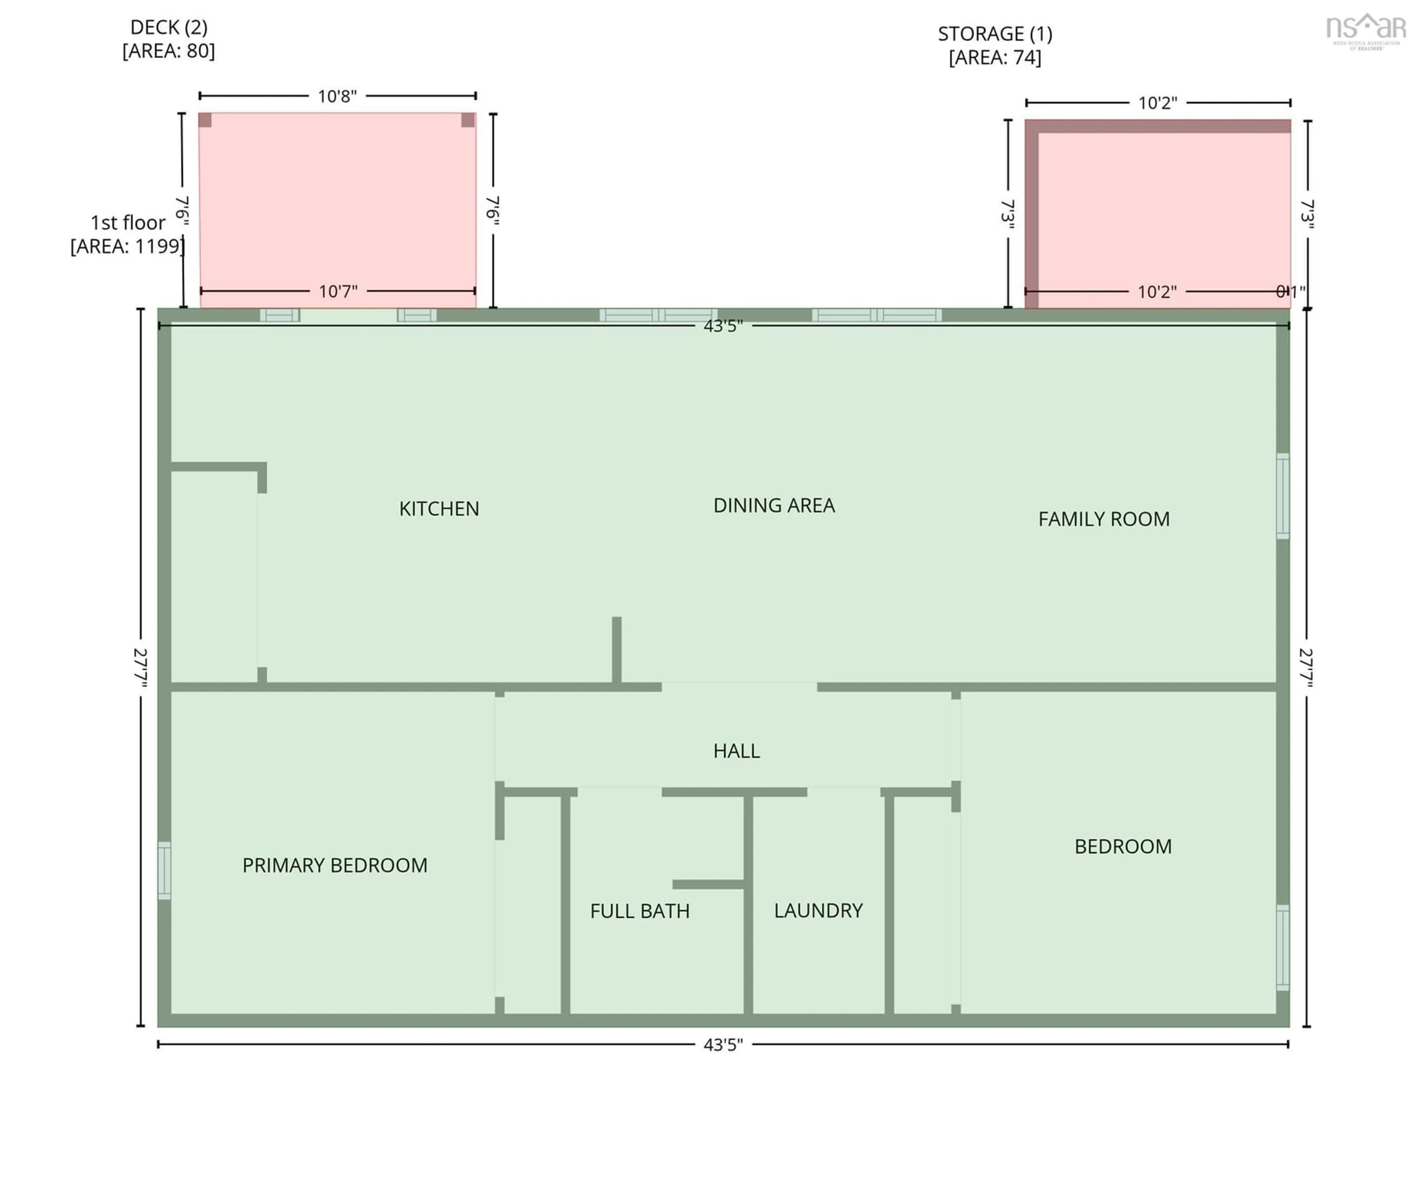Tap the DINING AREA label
774,505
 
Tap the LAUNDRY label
818,910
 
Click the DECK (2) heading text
168,28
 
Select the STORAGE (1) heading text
995,33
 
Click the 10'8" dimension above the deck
337,96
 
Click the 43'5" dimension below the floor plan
722,1044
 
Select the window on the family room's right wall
1283,496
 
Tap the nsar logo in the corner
1365,30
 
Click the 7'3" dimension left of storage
1008,214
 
